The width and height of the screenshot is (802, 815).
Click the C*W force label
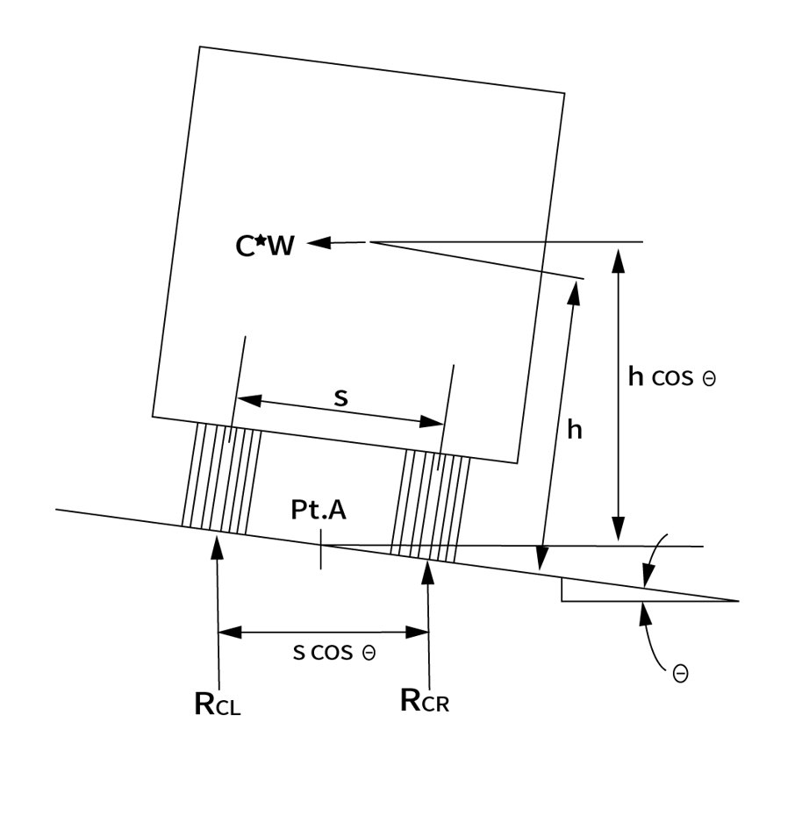pyautogui.click(x=265, y=247)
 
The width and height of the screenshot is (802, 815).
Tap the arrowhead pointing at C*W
pyautogui.click(x=318, y=243)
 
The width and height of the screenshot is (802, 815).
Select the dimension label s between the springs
pyautogui.click(x=341, y=397)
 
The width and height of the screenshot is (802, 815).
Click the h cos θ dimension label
pyautogui.click(x=672, y=377)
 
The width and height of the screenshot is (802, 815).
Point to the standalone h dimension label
pyautogui.click(x=576, y=430)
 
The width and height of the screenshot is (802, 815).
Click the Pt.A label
pyautogui.click(x=319, y=510)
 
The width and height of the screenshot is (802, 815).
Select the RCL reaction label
pyautogui.click(x=217, y=704)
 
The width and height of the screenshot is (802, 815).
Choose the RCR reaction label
pyautogui.click(x=425, y=701)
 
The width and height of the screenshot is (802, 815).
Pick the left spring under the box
pyautogui.click(x=221, y=479)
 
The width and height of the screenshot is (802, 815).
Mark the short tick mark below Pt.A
pyautogui.click(x=321, y=555)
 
